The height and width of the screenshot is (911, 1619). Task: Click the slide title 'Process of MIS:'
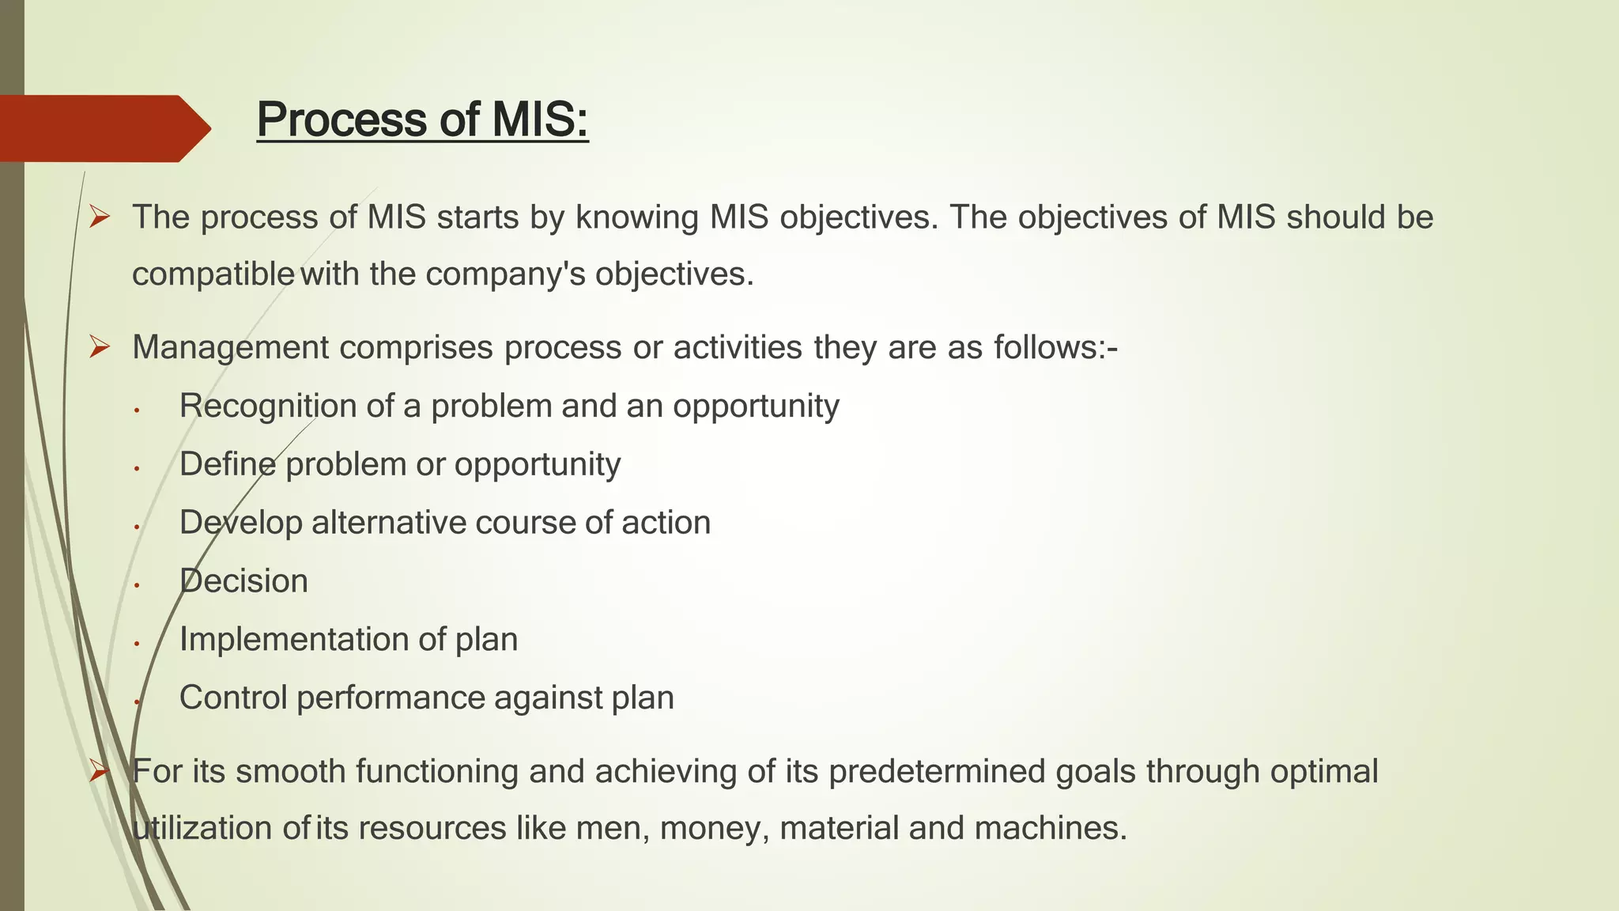point(422,120)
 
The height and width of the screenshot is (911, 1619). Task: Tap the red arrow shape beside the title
point(103,128)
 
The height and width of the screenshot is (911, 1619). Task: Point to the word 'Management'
point(230,348)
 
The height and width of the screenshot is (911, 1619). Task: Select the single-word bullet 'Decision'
point(243,581)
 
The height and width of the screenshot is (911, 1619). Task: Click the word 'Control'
point(233,697)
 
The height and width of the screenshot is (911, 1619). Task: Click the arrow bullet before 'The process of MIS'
point(99,217)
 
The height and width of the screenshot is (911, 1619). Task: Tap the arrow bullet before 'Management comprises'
point(99,347)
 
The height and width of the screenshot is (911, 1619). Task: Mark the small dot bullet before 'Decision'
point(137,585)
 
